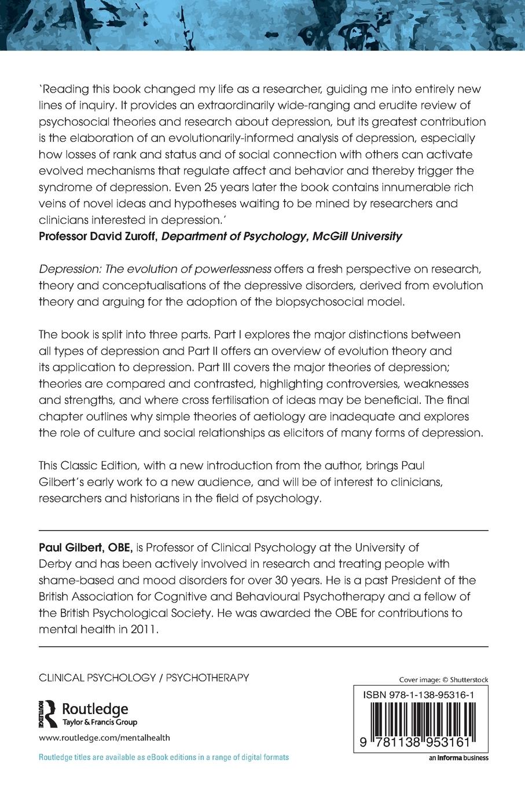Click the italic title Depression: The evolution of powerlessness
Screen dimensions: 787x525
point(155,269)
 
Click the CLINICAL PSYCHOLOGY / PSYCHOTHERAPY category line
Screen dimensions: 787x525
point(144,677)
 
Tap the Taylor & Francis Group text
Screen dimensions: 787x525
point(99,722)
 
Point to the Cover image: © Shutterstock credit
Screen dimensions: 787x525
point(444,680)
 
